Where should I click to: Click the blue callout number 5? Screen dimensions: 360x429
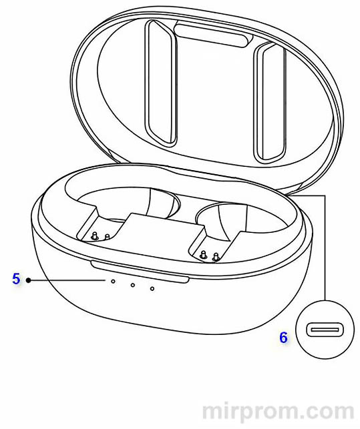(16, 278)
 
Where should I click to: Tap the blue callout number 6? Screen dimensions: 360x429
(283, 338)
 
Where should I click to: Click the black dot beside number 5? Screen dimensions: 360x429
(28, 280)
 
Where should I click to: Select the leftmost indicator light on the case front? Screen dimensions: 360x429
(113, 281)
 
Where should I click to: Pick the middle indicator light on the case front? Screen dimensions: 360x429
(133, 285)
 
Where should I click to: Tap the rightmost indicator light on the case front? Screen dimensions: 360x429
(152, 289)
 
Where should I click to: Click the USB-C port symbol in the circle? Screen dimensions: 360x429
(322, 330)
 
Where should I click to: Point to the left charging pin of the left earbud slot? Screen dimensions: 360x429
(95, 236)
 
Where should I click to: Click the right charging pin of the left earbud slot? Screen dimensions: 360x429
(108, 237)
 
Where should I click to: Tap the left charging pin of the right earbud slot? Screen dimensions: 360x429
(203, 254)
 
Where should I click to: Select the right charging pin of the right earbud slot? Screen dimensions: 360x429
(216, 257)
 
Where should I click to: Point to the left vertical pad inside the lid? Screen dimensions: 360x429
(161, 82)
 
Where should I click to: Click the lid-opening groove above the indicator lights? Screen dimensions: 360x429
(140, 272)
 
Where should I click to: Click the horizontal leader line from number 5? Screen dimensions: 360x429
(67, 280)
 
